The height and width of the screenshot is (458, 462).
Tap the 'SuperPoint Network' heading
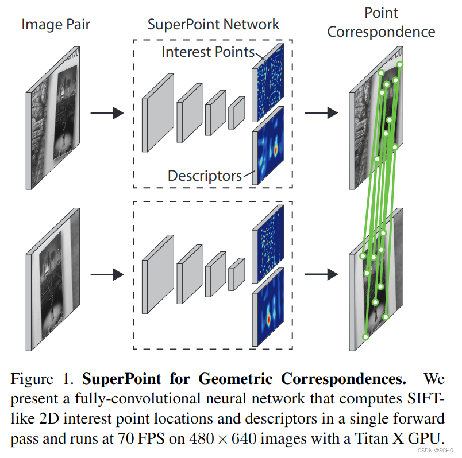(x=213, y=24)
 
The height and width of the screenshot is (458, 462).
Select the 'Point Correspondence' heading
(x=381, y=22)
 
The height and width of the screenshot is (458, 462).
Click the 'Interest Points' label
(x=207, y=52)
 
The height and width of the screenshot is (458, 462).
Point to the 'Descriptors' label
(x=204, y=175)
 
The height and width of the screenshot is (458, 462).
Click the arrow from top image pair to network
(x=106, y=113)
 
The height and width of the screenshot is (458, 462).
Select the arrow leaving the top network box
(x=319, y=113)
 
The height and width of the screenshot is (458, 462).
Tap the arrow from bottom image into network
(x=106, y=275)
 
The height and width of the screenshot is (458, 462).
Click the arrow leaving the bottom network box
(x=319, y=275)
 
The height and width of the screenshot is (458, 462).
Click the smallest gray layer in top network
(x=236, y=112)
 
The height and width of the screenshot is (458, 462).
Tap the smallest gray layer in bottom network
(x=236, y=274)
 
